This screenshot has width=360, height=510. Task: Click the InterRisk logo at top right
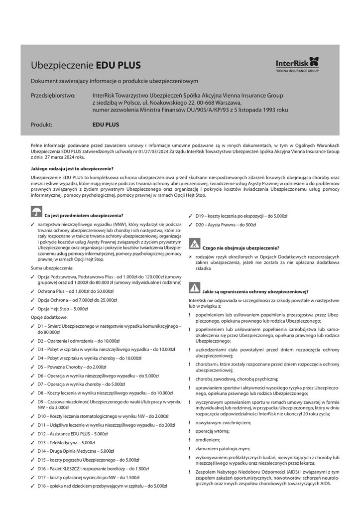click(297, 65)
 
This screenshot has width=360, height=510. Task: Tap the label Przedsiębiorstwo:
click(53, 95)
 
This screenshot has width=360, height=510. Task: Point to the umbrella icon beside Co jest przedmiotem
click(35, 212)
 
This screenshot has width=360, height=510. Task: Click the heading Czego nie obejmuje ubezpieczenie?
click(240, 248)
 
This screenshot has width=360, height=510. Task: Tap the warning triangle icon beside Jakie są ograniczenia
click(194, 288)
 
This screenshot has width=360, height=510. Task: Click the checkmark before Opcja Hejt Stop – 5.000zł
click(32, 309)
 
